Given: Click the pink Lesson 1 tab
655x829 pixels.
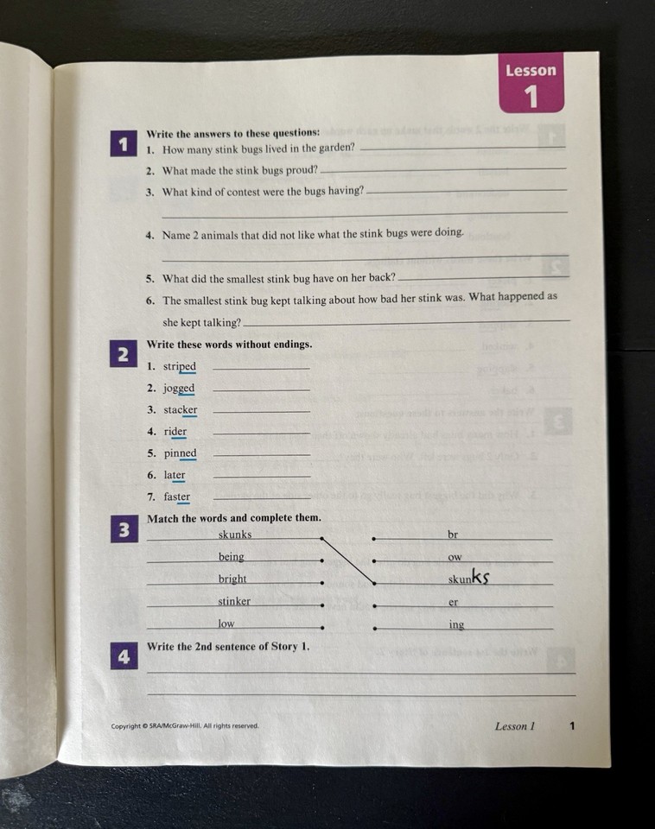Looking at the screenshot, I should pyautogui.click(x=531, y=84).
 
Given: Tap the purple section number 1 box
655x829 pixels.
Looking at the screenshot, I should pyautogui.click(x=123, y=144).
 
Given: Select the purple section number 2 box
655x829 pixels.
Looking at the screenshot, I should pyautogui.click(x=123, y=354).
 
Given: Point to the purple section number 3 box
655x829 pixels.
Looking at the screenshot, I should pyautogui.click(x=123, y=530).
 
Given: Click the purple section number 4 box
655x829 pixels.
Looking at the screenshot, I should pyautogui.click(x=123, y=656).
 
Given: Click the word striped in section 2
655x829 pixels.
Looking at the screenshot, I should pyautogui.click(x=180, y=367).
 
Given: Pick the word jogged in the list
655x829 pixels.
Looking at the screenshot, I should pyautogui.click(x=179, y=389).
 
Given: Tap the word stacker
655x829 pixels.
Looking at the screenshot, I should pyautogui.click(x=181, y=410).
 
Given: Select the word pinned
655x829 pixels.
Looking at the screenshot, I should pyautogui.click(x=180, y=453).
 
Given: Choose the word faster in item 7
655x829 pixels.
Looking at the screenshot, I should pyautogui.click(x=177, y=497).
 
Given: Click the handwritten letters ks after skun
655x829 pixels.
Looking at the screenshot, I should pyautogui.click(x=480, y=578).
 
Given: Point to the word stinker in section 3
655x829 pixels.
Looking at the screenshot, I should pyautogui.click(x=234, y=601).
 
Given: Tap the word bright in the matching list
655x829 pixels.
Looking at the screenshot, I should pyautogui.click(x=232, y=579).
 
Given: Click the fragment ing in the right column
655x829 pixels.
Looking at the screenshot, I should pyautogui.click(x=456, y=624).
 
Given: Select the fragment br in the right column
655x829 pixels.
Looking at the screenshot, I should pyautogui.click(x=453, y=535).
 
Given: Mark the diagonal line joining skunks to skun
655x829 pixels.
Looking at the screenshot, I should pyautogui.click(x=347, y=560).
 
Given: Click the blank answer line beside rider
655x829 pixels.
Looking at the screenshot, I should pyautogui.click(x=261, y=433).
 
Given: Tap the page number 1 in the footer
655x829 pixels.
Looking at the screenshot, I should pyautogui.click(x=572, y=726).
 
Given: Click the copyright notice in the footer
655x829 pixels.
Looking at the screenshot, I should pyautogui.click(x=185, y=726).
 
